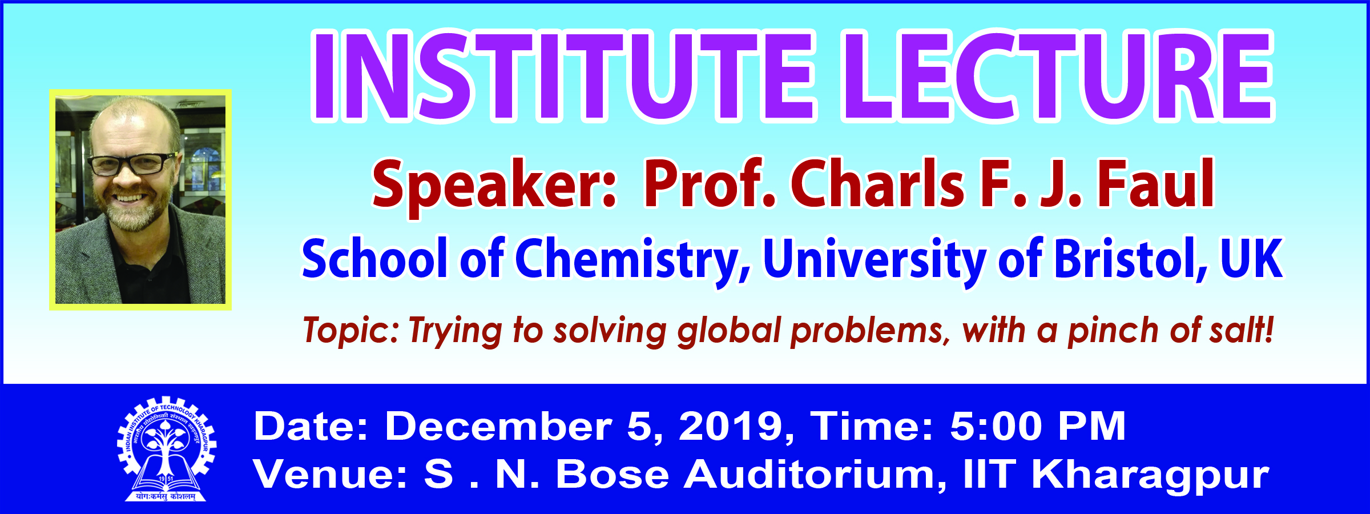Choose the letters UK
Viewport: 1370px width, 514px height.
click(1252, 259)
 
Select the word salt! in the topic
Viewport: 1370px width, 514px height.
click(1242, 330)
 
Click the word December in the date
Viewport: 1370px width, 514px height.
click(498, 426)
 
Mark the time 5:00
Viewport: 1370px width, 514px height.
click(997, 426)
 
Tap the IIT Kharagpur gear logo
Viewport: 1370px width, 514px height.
click(166, 449)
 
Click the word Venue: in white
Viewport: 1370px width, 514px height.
click(331, 475)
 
